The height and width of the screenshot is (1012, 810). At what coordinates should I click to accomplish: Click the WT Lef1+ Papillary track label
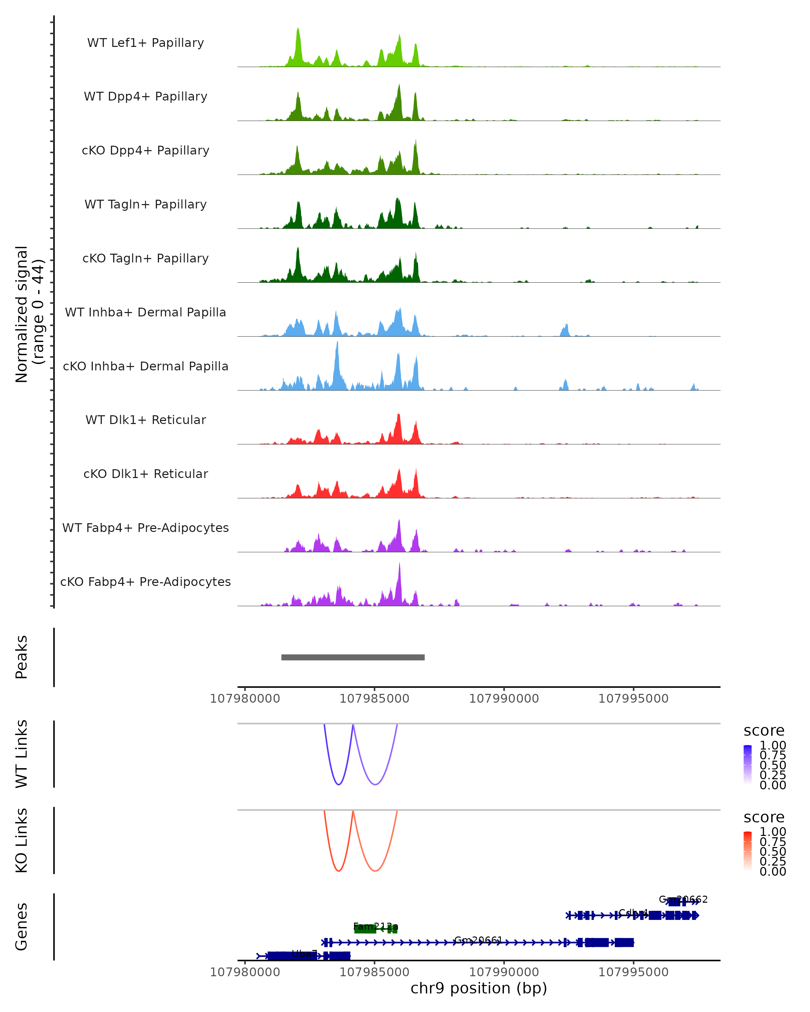pyautogui.click(x=145, y=43)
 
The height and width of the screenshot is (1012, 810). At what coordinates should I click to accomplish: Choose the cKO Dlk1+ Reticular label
pyautogui.click(x=145, y=474)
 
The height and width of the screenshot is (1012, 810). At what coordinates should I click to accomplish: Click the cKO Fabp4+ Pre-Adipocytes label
pyautogui.click(x=145, y=582)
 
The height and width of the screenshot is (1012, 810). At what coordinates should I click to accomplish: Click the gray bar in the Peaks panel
pyautogui.click(x=353, y=657)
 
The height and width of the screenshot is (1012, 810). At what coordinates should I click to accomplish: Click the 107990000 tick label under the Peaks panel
pyautogui.click(x=504, y=699)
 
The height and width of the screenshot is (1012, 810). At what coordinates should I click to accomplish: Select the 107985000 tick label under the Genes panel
pyautogui.click(x=374, y=972)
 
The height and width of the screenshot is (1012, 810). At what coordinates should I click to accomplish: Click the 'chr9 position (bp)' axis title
pyautogui.click(x=479, y=988)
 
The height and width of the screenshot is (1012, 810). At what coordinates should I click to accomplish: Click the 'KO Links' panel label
pyautogui.click(x=22, y=840)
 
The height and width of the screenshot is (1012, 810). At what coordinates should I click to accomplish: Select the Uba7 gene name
pyautogui.click(x=304, y=954)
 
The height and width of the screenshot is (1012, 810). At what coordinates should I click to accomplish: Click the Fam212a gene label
pyautogui.click(x=376, y=927)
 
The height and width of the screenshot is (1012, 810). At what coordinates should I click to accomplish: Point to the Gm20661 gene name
pyautogui.click(x=478, y=940)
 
